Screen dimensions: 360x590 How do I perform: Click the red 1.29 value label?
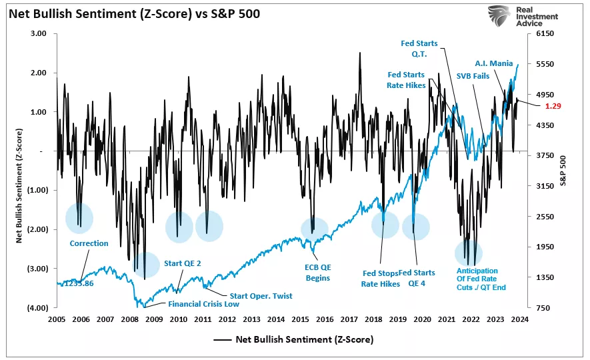tap(553, 106)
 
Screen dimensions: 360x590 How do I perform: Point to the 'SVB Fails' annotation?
tap(473, 76)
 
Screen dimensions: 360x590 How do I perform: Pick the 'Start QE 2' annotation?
tap(182, 263)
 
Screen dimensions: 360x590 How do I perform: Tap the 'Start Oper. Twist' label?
tap(261, 296)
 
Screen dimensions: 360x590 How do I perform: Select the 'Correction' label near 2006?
tap(89, 243)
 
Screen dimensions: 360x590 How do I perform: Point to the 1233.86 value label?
tap(81, 283)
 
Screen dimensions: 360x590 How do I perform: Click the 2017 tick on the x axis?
tap(350, 319)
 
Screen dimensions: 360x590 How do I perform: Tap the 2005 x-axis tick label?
tap(57, 319)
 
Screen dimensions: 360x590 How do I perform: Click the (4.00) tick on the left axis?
tap(37, 308)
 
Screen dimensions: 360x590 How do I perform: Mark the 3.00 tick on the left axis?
tap(39, 33)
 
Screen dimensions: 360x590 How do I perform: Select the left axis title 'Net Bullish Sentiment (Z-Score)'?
tap(21, 170)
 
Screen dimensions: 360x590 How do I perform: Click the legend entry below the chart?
tap(293, 339)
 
